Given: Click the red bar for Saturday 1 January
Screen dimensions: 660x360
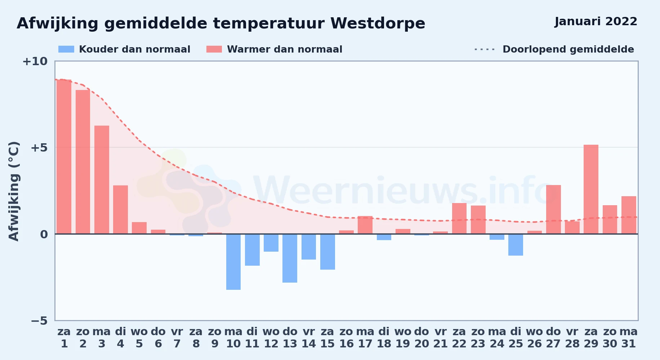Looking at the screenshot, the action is pyautogui.click(x=64, y=157).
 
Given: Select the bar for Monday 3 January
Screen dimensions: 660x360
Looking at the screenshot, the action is pyautogui.click(x=102, y=180).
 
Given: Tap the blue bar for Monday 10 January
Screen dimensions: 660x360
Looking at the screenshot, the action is pyautogui.click(x=233, y=262).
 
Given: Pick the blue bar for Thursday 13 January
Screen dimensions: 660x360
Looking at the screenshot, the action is pyautogui.click(x=290, y=258).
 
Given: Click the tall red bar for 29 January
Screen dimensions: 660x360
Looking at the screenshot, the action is pyautogui.click(x=591, y=189).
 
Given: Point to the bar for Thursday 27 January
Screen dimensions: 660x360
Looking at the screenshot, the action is pyautogui.click(x=553, y=210).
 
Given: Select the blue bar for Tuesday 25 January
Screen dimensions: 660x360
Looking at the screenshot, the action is pyautogui.click(x=516, y=245).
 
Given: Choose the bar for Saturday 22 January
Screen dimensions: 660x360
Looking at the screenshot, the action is pyautogui.click(x=459, y=219).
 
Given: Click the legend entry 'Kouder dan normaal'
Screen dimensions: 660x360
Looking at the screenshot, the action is pyautogui.click(x=124, y=49).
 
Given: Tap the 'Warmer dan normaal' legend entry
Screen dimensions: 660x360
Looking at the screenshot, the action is pyautogui.click(x=274, y=49).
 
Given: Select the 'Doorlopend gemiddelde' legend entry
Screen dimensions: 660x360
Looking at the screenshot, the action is pyautogui.click(x=554, y=49).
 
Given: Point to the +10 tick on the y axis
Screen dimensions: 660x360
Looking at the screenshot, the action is pyautogui.click(x=35, y=61).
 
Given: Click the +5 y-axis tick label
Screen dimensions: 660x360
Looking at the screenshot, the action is pyautogui.click(x=39, y=148).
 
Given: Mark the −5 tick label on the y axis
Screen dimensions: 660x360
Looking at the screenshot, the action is pyautogui.click(x=39, y=320).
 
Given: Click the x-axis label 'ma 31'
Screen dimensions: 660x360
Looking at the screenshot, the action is pyautogui.click(x=629, y=337).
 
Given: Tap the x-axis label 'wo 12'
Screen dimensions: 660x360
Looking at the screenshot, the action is pyautogui.click(x=271, y=337).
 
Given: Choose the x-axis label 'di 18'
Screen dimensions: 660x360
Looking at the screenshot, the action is pyautogui.click(x=384, y=337).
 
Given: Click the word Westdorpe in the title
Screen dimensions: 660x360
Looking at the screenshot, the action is pyautogui.click(x=378, y=23).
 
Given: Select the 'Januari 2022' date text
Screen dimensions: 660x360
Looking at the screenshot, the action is pyautogui.click(x=596, y=22).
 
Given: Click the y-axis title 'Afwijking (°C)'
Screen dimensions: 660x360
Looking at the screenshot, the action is pyautogui.click(x=14, y=191).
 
